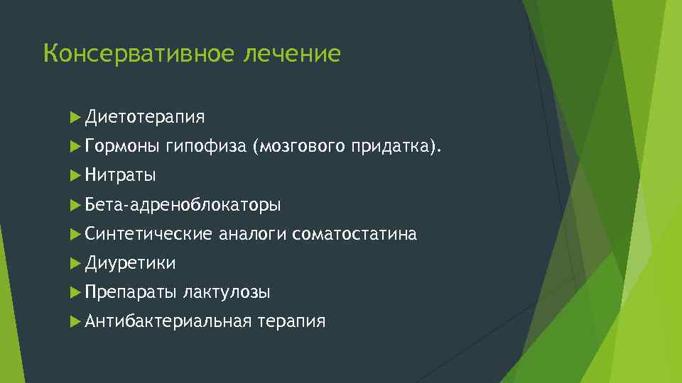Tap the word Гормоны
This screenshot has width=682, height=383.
click(x=121, y=147)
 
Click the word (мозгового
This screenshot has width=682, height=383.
click(x=297, y=147)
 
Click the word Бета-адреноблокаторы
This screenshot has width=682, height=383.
click(x=183, y=205)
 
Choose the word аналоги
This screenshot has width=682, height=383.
click(x=252, y=233)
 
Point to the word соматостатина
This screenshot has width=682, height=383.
click(x=354, y=233)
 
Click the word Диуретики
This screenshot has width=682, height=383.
click(x=130, y=263)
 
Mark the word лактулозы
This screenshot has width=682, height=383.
click(x=226, y=292)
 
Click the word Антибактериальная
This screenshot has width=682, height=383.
click(x=168, y=321)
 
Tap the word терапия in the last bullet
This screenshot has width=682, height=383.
click(x=292, y=321)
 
